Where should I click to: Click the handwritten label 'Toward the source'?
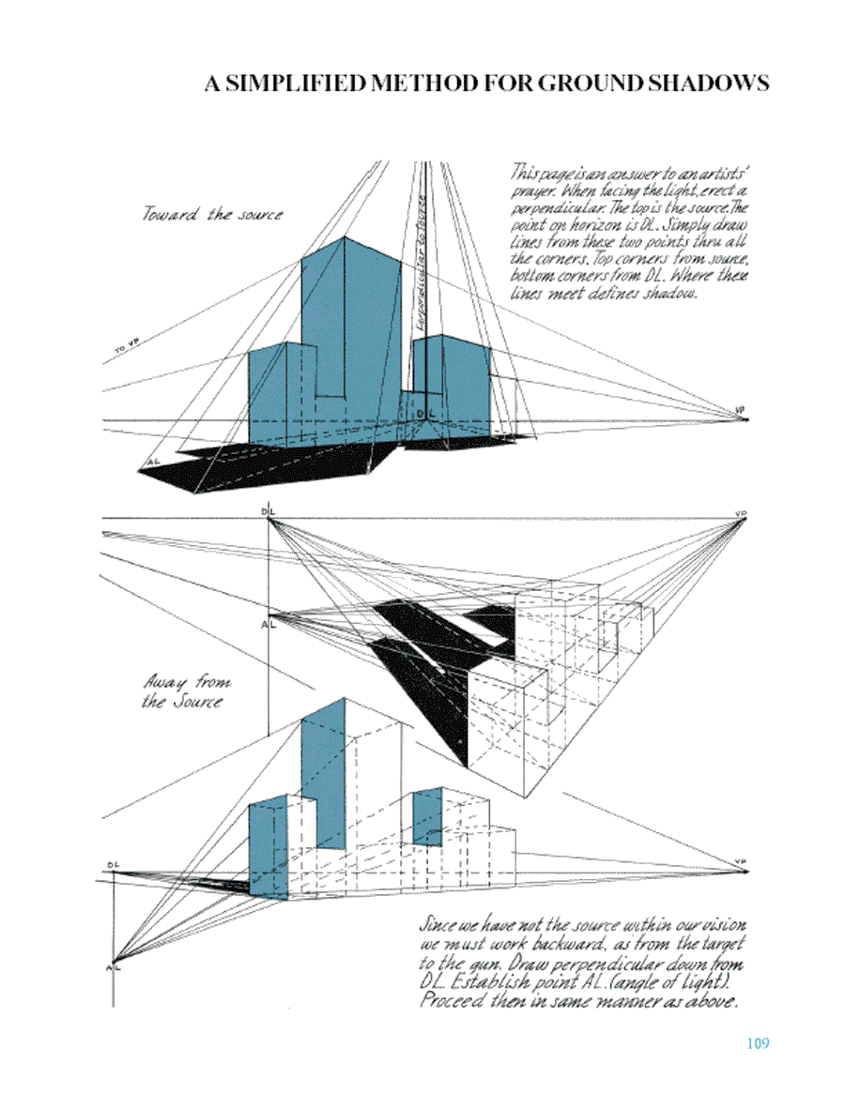(x=212, y=214)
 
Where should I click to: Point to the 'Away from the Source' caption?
(x=184, y=691)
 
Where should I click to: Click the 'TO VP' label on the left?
(x=126, y=349)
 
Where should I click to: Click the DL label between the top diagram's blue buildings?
(x=425, y=413)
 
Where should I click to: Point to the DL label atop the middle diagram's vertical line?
(x=269, y=509)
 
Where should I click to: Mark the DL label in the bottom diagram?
(x=113, y=864)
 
